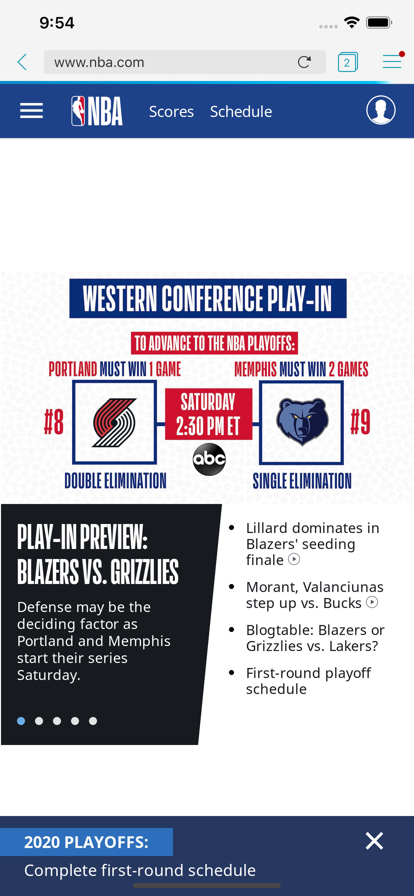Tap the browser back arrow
pyautogui.click(x=22, y=62)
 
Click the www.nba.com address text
pyautogui.click(x=99, y=62)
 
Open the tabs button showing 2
pyautogui.click(x=348, y=62)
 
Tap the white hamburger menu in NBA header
pyautogui.click(x=31, y=111)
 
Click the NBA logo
pyautogui.click(x=97, y=111)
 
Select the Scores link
pyautogui.click(x=171, y=112)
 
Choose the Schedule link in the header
pyautogui.click(x=241, y=112)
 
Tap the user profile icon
pyautogui.click(x=381, y=110)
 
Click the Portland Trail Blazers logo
pyautogui.click(x=114, y=422)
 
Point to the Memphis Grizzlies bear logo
pyautogui.click(x=302, y=422)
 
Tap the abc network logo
pyautogui.click(x=209, y=459)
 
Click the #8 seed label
pyautogui.click(x=54, y=422)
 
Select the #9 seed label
pyautogui.click(x=360, y=422)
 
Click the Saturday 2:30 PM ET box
pyautogui.click(x=208, y=414)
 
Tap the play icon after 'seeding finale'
pyautogui.click(x=294, y=559)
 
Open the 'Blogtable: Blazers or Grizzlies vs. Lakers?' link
pyautogui.click(x=315, y=638)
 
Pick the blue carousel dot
pyautogui.click(x=21, y=721)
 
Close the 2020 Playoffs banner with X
pyautogui.click(x=374, y=841)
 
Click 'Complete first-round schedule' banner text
pyautogui.click(x=140, y=870)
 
